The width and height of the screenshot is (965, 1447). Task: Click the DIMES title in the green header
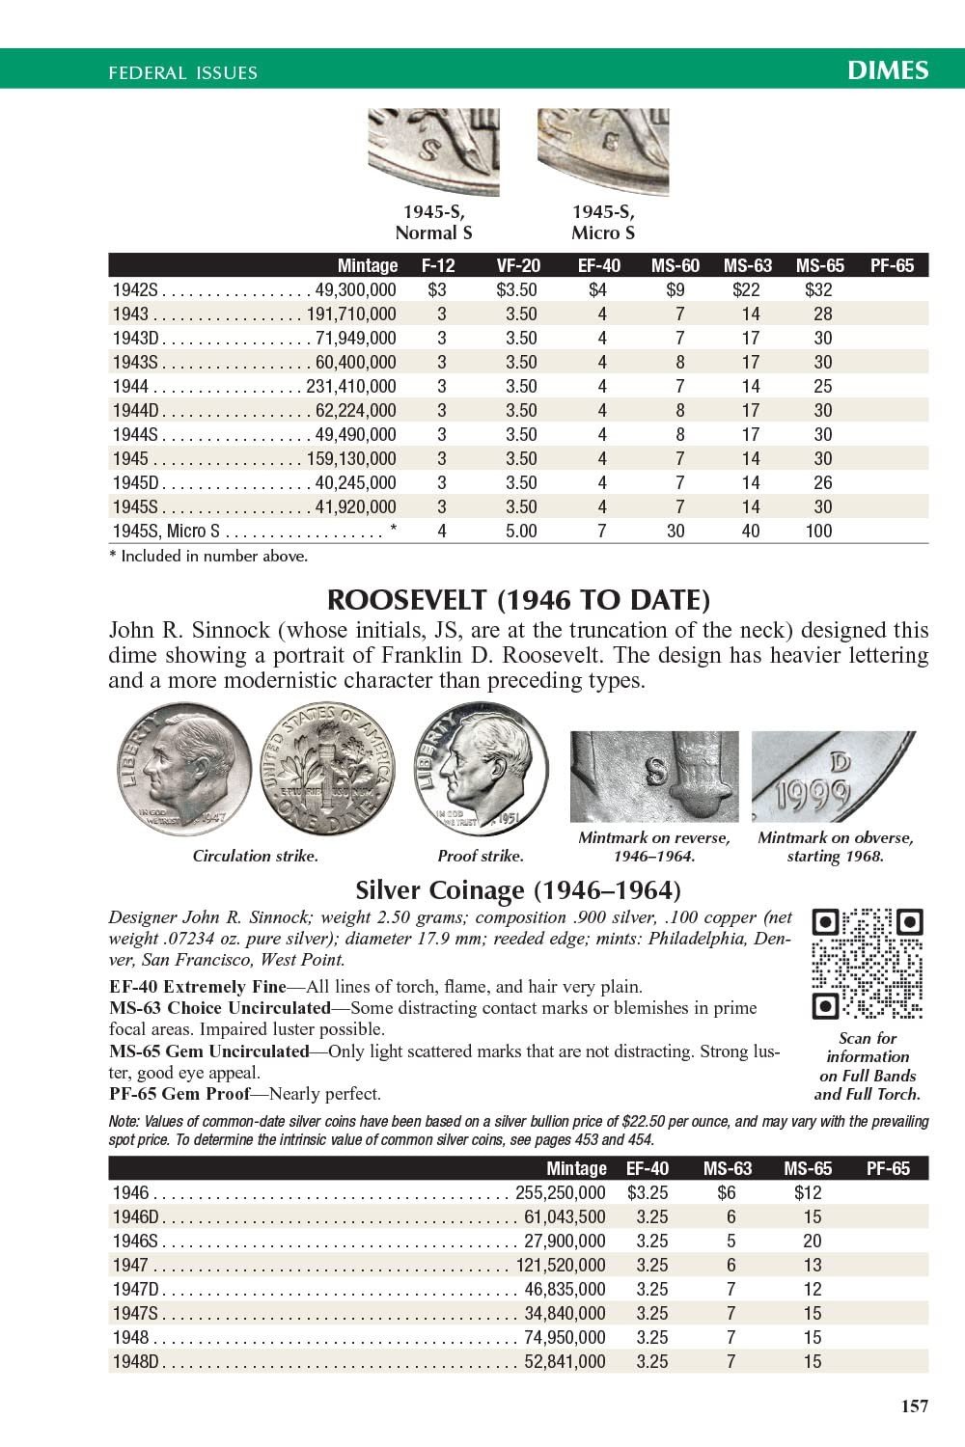coord(888,69)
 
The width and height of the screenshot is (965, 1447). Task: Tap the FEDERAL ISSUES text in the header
coord(183,72)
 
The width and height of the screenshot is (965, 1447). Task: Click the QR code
coord(868,964)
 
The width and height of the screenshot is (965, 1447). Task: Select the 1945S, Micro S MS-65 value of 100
coord(818,531)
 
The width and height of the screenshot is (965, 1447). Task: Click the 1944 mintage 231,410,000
coord(351,386)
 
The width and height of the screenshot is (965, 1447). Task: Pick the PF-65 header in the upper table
coord(892,265)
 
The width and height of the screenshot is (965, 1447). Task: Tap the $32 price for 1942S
coord(818,289)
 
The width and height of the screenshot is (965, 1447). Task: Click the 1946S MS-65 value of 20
coord(813,1241)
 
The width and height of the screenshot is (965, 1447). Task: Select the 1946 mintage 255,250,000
coord(561,1192)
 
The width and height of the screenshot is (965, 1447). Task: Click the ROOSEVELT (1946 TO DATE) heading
coord(518,600)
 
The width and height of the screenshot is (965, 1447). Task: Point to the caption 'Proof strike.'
coord(481,856)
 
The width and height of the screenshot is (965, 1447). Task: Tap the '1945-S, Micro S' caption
coord(603,223)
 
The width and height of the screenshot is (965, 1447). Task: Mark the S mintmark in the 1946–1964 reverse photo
coord(656,770)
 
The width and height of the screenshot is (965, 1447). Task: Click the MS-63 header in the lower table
coord(728,1168)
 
